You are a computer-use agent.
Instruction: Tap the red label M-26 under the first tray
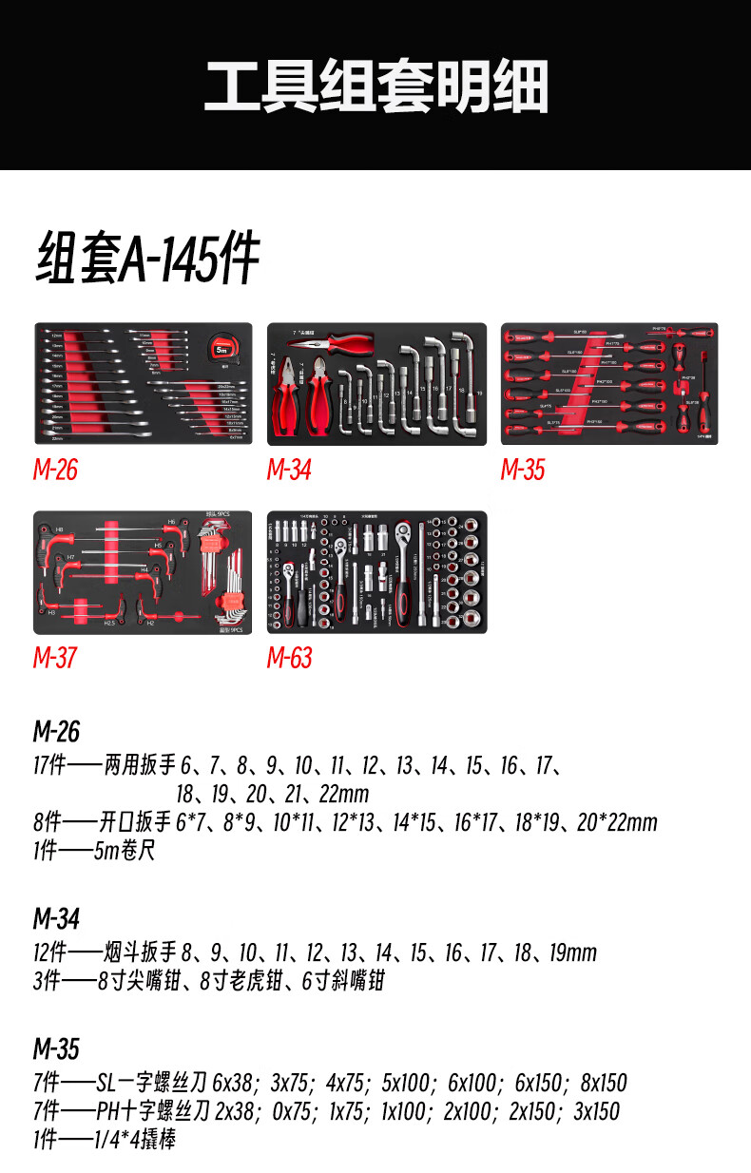(55, 470)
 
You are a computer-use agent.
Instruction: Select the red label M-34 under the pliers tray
(289, 470)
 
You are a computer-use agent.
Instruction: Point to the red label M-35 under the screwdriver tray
(523, 470)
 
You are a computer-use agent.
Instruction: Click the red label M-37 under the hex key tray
(55, 658)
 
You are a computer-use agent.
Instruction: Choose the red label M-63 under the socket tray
(289, 658)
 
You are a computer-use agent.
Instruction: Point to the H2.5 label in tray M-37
(108, 624)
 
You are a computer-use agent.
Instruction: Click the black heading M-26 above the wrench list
(56, 732)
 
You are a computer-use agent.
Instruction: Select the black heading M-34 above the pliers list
(56, 919)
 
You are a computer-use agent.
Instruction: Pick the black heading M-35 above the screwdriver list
(56, 1049)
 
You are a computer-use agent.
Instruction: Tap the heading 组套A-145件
(147, 258)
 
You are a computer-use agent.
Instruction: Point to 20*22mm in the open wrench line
(617, 822)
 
